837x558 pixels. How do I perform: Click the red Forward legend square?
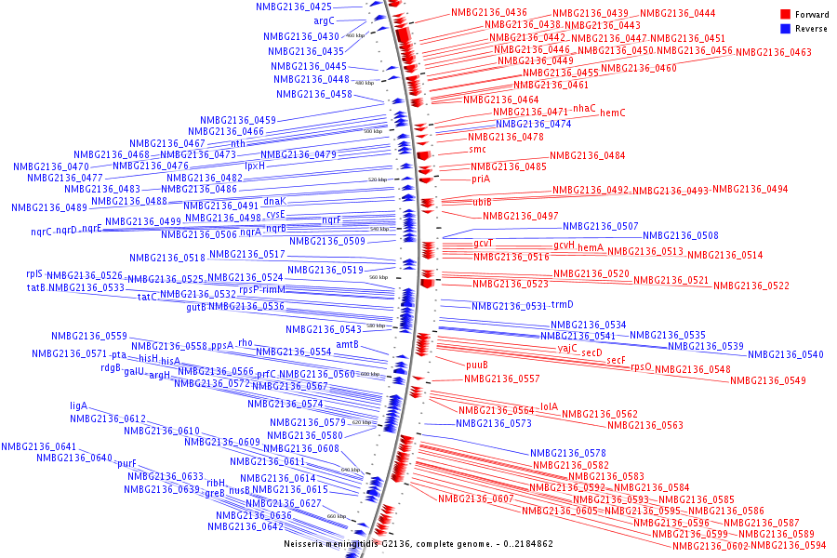786,15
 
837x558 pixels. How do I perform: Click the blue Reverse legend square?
786,29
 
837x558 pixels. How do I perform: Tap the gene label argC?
324,20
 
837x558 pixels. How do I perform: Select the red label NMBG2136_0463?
773,52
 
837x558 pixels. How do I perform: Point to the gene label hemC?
613,113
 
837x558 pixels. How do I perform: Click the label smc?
477,149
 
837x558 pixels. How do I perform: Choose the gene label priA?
480,179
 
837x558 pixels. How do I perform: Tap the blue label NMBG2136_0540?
786,354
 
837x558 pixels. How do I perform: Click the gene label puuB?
477,365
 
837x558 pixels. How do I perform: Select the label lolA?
549,406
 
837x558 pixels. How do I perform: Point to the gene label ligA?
78,405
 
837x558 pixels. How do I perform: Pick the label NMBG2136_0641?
38,446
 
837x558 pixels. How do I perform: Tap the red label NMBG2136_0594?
789,545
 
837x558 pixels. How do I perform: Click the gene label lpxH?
255,166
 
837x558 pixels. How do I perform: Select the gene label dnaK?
274,201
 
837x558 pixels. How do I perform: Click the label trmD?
562,304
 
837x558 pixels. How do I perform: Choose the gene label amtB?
347,344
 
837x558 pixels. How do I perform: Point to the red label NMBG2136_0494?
750,189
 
